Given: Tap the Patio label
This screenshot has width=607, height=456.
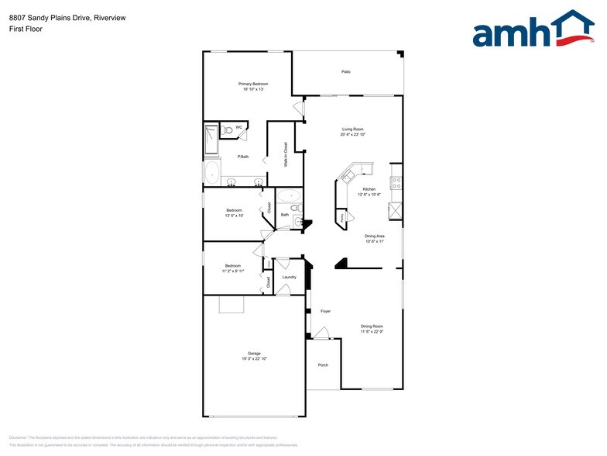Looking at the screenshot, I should [346, 71].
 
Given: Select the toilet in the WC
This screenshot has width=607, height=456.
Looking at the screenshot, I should [228, 130].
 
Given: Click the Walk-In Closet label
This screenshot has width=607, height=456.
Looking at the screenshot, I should [286, 154].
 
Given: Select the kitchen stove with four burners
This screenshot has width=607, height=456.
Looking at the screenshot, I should [396, 183].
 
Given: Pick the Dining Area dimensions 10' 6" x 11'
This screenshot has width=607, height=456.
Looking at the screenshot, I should [375, 241].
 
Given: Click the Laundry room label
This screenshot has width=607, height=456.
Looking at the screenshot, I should [289, 277].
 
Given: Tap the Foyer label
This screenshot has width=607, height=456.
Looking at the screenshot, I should [326, 311].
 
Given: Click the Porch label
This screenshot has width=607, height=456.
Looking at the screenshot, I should [323, 365].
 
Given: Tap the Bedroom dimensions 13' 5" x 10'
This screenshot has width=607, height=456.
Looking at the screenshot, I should [234, 216].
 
